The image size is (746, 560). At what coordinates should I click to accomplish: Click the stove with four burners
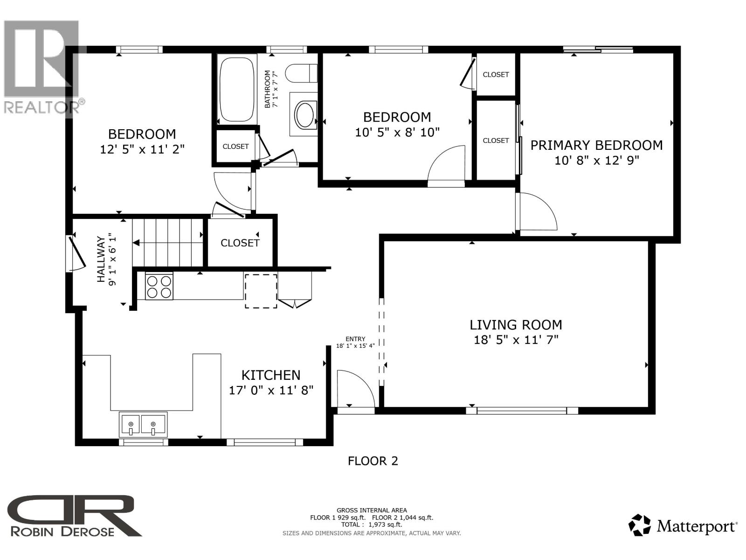click(x=159, y=286)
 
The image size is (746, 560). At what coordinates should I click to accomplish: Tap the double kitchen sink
click(x=143, y=425)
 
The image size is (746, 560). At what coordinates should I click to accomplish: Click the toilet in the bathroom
click(x=300, y=74)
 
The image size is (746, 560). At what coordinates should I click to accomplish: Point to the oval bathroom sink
click(x=305, y=115)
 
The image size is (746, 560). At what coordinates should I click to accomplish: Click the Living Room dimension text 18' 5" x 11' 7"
click(x=516, y=340)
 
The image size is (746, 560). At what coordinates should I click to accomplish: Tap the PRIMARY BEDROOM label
click(x=596, y=145)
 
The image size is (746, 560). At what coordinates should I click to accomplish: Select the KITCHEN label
click(x=270, y=375)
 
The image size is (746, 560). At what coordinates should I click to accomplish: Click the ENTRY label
click(x=355, y=339)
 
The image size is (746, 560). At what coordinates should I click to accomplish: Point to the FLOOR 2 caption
click(x=373, y=461)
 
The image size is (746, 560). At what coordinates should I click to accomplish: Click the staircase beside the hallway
click(x=168, y=243)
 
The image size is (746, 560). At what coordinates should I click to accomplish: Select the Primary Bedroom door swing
click(x=539, y=212)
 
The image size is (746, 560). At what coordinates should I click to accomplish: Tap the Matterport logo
click(x=683, y=526)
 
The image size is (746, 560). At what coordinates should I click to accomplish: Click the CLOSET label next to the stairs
click(x=240, y=243)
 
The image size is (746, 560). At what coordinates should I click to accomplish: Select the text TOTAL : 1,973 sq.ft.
click(x=371, y=525)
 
